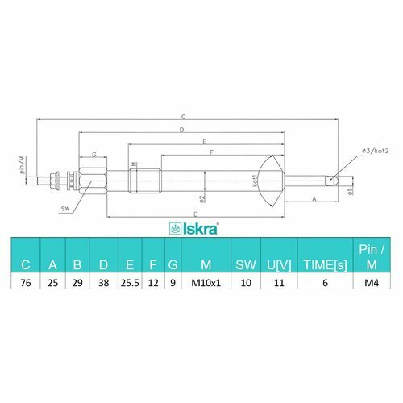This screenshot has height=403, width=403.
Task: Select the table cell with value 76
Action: coord(26,283)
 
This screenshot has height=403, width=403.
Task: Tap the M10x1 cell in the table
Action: coord(206,283)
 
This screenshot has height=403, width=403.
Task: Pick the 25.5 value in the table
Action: coord(130,283)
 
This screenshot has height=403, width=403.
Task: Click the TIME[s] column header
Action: coord(325,265)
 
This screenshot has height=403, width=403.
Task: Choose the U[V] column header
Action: coord(279,265)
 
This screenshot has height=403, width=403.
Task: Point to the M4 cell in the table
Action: coord(372,283)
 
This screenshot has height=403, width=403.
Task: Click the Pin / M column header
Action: coord(372,257)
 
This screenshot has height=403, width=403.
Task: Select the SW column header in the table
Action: coord(246,265)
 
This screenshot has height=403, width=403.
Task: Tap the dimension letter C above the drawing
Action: coord(183,117)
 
